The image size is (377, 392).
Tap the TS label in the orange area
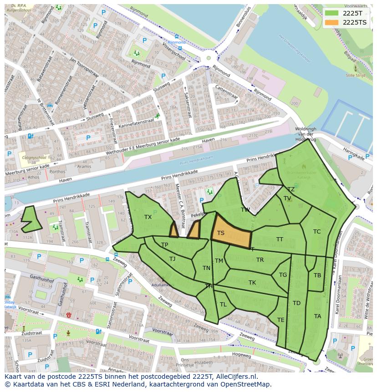pyautogui.click(x=221, y=233)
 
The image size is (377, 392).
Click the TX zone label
pyautogui.click(x=148, y=217)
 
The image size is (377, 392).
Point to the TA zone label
pyautogui.click(x=317, y=316)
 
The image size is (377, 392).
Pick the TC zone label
pyautogui.click(x=317, y=232)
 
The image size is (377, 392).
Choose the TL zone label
pyautogui.click(x=223, y=305)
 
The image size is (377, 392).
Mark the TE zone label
pyautogui.click(x=281, y=320)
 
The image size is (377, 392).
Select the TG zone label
pyautogui.click(x=283, y=275)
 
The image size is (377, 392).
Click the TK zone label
pyautogui.click(x=252, y=283)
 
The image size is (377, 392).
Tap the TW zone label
pyautogui.click(x=245, y=210)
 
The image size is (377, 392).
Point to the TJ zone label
pyautogui.click(x=172, y=259)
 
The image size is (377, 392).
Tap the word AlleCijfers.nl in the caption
pyautogui.click(x=236, y=377)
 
